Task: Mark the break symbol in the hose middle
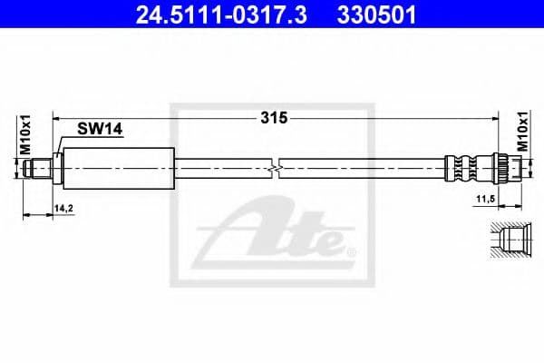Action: [x=274, y=166]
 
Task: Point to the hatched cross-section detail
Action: [x=507, y=241]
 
